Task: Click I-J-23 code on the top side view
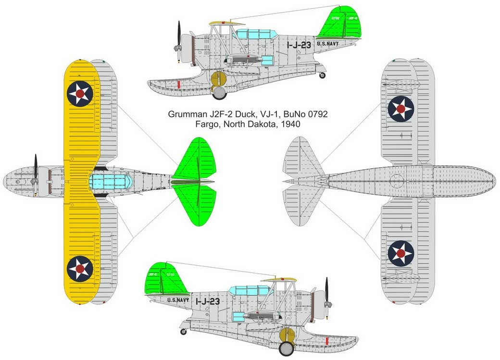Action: pos(299,45)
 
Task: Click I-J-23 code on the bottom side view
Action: pos(207,301)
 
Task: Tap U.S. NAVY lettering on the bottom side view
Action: pos(178,300)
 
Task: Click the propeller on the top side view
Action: pos(179,42)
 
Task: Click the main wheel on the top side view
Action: pos(220,92)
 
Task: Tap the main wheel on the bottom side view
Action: pos(286,348)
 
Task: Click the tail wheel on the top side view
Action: pos(322,75)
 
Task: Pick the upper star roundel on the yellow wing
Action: pos(80,94)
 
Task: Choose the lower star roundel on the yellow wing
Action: pos(80,268)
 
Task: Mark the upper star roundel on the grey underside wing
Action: pos(400,109)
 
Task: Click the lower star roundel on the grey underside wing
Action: pos(400,253)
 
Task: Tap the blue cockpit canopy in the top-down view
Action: pos(111,182)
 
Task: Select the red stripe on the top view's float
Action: pos(178,85)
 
